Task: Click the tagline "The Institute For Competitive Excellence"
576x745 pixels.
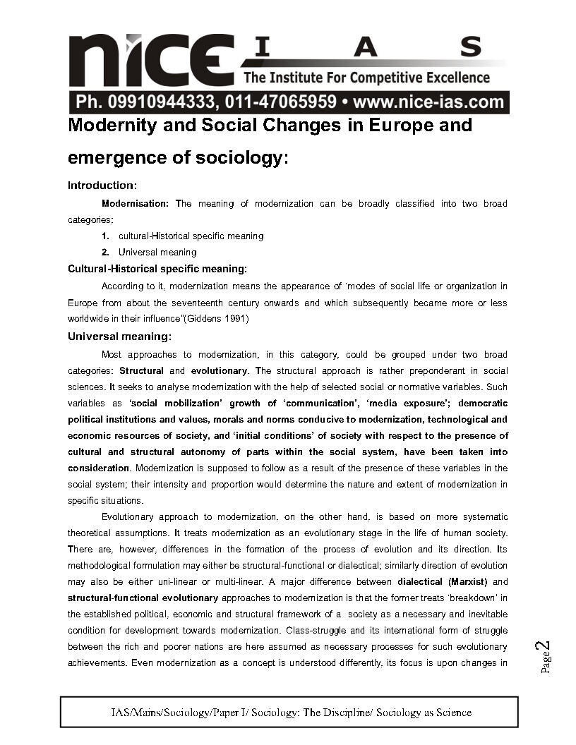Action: (x=366, y=77)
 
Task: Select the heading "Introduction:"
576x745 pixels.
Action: (x=102, y=186)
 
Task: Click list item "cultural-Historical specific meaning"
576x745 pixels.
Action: (x=191, y=236)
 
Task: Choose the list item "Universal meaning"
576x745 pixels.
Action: (x=157, y=252)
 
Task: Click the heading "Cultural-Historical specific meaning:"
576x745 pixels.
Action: (x=157, y=269)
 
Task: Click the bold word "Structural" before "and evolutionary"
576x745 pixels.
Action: (x=142, y=370)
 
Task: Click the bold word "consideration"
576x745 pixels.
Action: (x=99, y=468)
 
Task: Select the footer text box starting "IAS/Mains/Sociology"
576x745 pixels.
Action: (x=289, y=713)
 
